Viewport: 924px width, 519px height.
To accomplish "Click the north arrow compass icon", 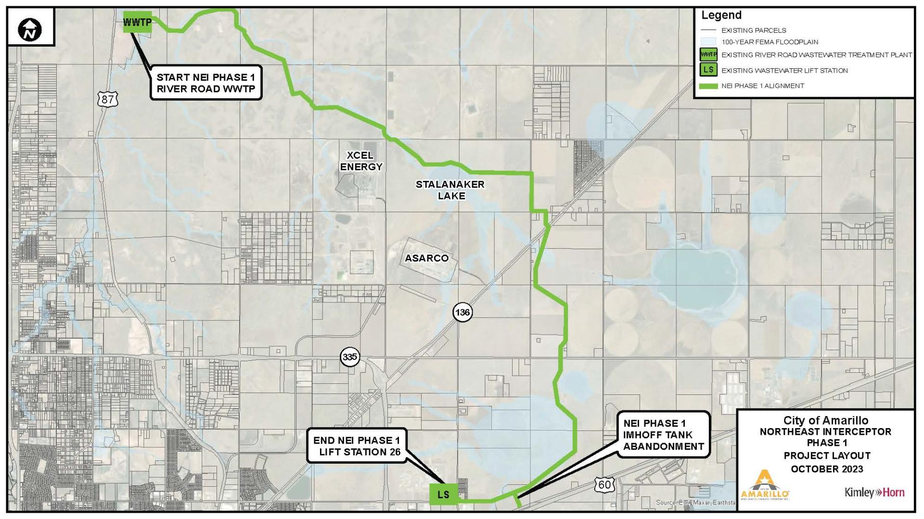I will point(30,30).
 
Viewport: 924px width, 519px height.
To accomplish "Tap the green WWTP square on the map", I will point(138,22).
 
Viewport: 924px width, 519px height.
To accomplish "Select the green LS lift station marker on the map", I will point(443,494).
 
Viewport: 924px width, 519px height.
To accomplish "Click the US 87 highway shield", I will point(107,99).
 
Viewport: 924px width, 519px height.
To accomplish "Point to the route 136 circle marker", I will point(462,312).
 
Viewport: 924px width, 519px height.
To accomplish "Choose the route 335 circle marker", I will point(350,357).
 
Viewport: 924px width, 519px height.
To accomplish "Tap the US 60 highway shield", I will point(604,484).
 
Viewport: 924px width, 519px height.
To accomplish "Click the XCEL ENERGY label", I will point(361,161).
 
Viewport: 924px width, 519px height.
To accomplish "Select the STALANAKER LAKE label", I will point(450,190).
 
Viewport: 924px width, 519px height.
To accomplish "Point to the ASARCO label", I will point(426,258).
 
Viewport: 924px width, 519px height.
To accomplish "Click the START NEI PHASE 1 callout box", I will point(206,83).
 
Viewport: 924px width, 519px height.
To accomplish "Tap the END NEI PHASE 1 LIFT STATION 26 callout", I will point(357,446).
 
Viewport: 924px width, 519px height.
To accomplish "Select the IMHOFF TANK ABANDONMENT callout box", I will point(663,435).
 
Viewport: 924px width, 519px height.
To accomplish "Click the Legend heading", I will point(721,15).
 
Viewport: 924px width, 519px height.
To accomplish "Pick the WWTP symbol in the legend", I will point(708,55).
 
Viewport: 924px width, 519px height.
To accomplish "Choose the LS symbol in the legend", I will point(708,70).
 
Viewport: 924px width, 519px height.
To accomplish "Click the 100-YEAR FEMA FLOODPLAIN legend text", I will point(770,42).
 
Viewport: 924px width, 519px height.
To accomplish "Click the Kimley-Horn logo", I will point(874,493).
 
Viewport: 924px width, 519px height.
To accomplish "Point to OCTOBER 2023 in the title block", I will point(826,469).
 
